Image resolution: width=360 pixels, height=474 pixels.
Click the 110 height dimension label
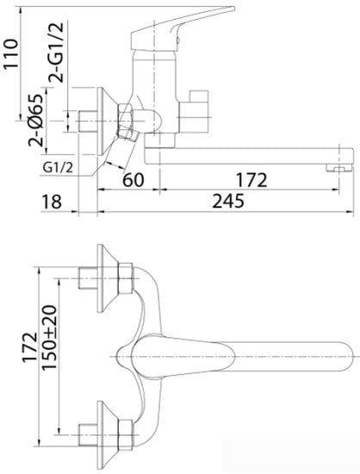coord(11,54)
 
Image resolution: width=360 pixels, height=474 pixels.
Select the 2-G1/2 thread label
coord(57,53)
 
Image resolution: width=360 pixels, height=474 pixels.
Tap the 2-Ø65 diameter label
coord(36,121)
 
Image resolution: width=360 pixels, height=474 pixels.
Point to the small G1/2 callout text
coord(58,167)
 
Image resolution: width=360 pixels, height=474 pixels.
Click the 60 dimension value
coord(133,179)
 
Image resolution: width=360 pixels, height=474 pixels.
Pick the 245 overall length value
coord(228,201)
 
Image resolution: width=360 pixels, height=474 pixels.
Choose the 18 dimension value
coord(52,202)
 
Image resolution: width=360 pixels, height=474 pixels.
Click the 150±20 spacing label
coord(49,338)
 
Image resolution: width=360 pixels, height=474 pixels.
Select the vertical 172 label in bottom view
coord(30,347)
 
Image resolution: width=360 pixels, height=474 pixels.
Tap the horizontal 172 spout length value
coord(251,180)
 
